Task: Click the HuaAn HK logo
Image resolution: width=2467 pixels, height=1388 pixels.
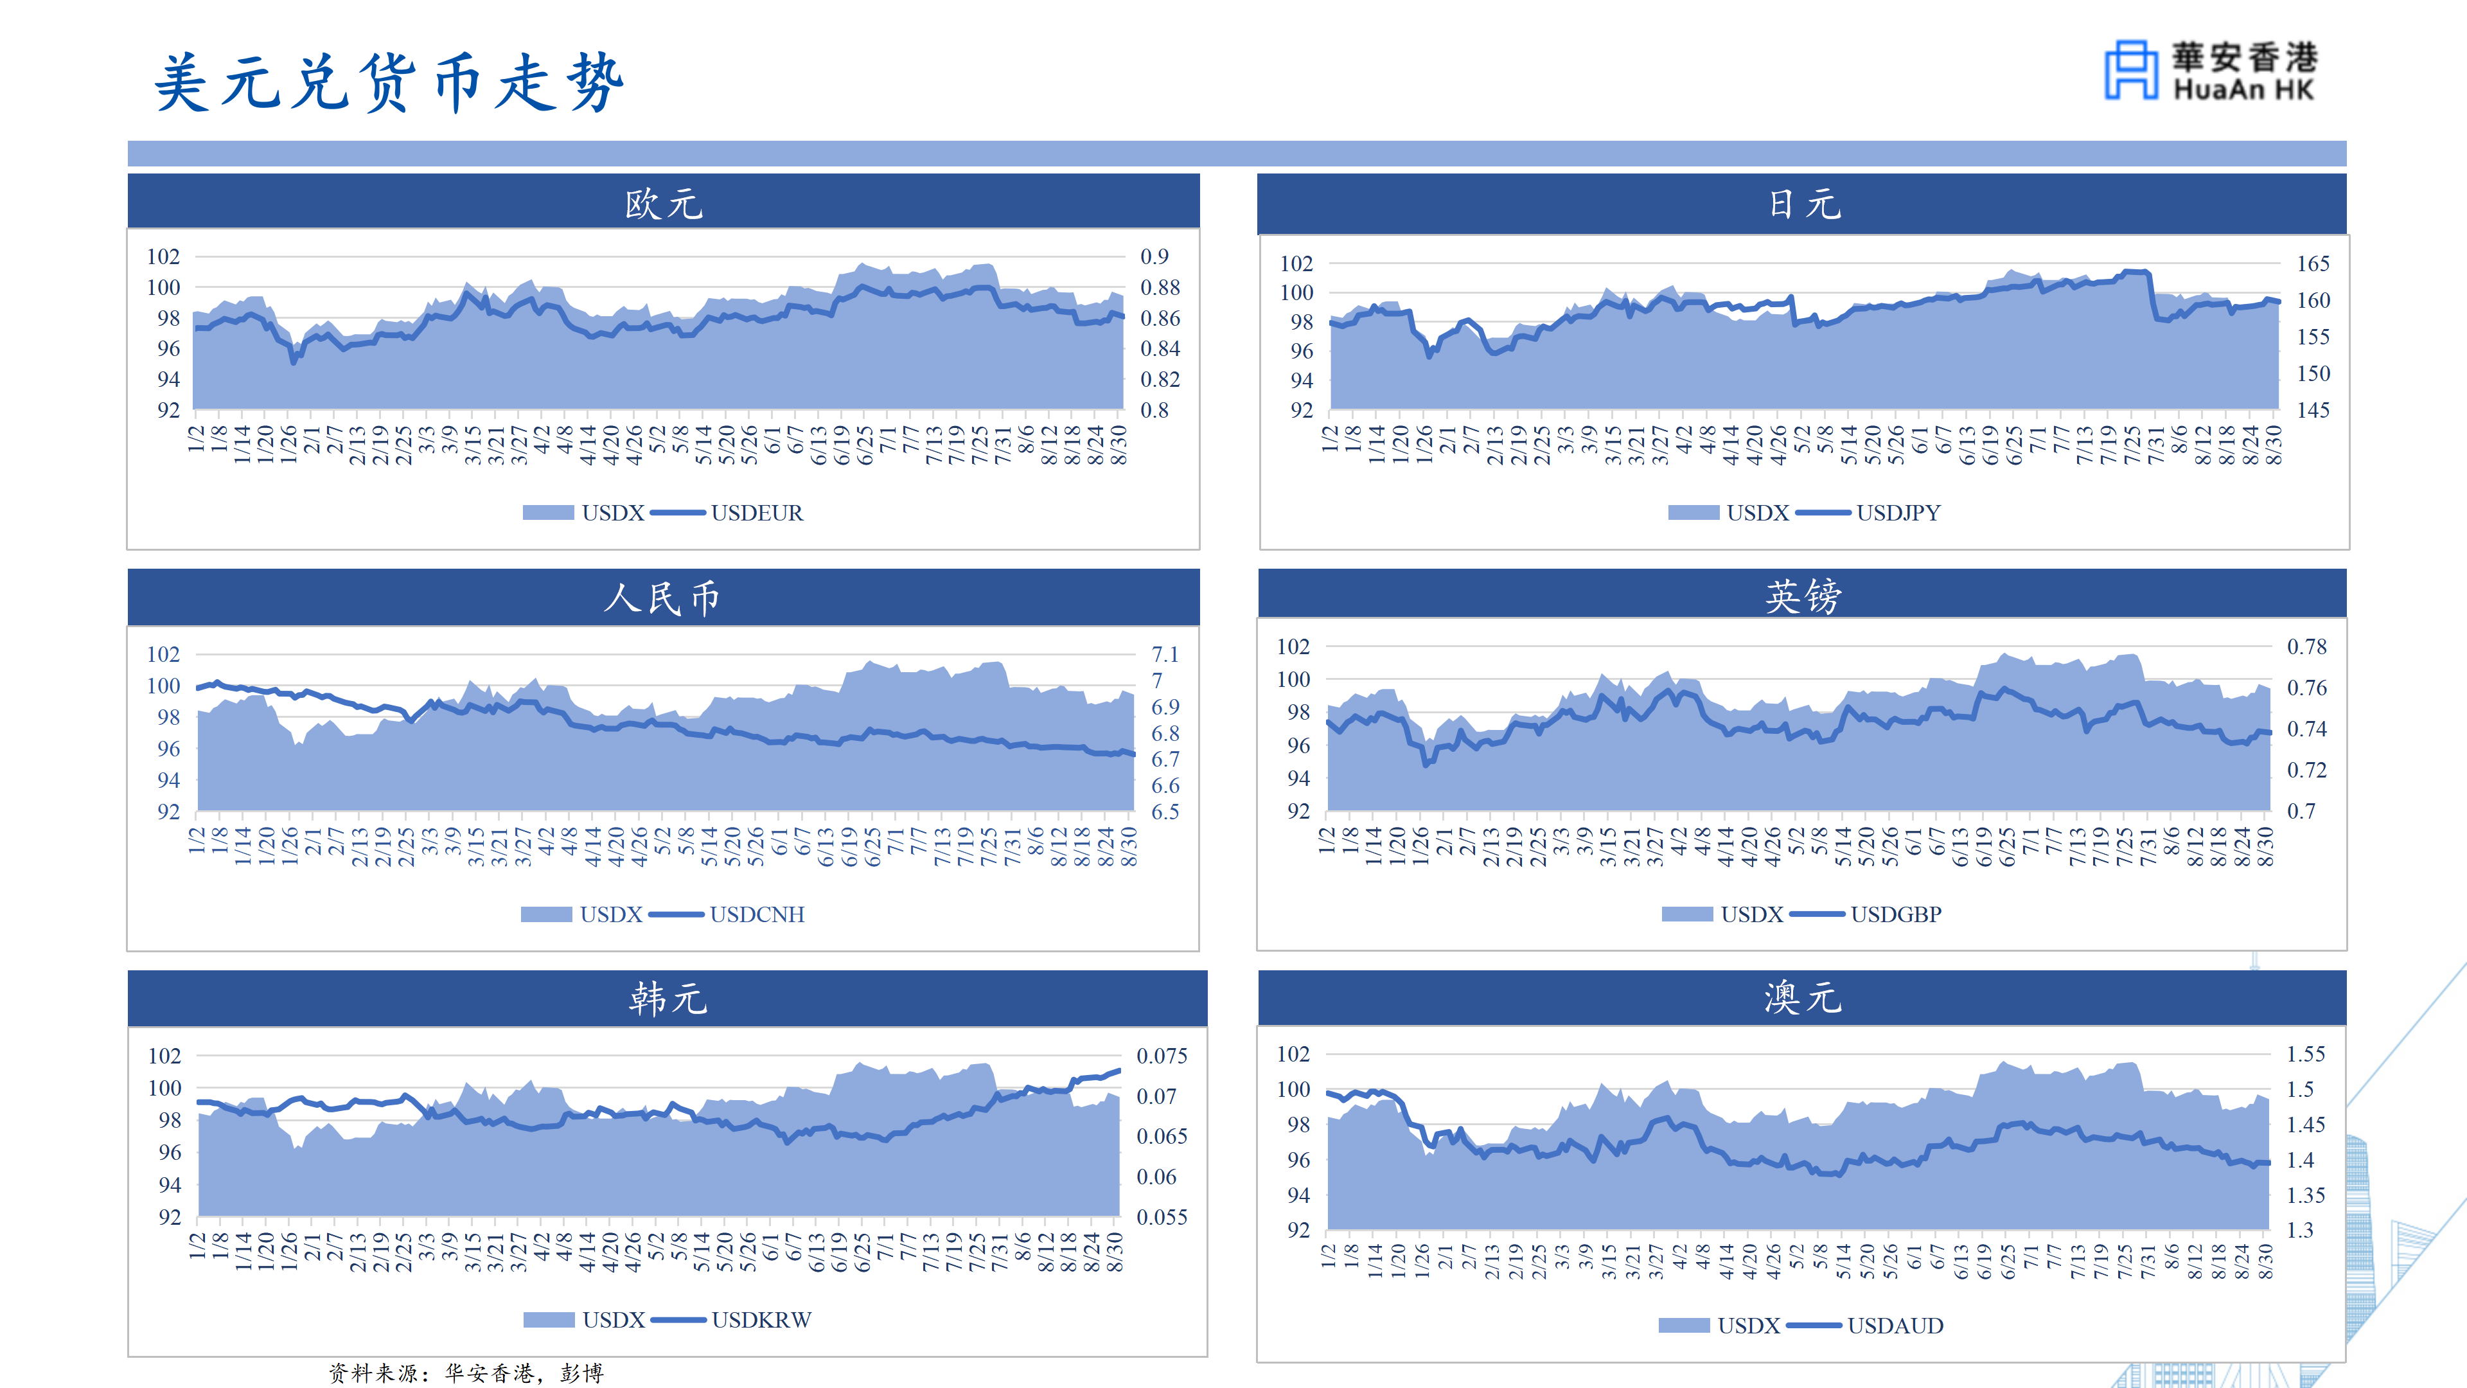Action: [2210, 70]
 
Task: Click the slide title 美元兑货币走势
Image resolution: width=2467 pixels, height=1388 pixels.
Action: [389, 82]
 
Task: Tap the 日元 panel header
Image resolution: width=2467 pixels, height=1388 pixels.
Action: [1802, 203]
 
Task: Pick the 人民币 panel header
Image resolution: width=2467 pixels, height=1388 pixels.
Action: [664, 597]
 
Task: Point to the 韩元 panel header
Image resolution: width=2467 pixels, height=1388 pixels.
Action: [668, 998]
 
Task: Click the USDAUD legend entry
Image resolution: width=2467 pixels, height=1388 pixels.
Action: [1864, 1326]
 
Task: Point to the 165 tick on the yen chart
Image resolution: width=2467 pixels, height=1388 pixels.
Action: [2313, 263]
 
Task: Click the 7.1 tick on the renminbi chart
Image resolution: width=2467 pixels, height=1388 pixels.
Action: [1165, 654]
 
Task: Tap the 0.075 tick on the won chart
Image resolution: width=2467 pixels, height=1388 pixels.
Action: [1162, 1056]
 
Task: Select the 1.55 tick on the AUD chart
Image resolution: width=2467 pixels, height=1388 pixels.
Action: [2305, 1054]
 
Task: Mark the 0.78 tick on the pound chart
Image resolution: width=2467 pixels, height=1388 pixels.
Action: [2306, 646]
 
